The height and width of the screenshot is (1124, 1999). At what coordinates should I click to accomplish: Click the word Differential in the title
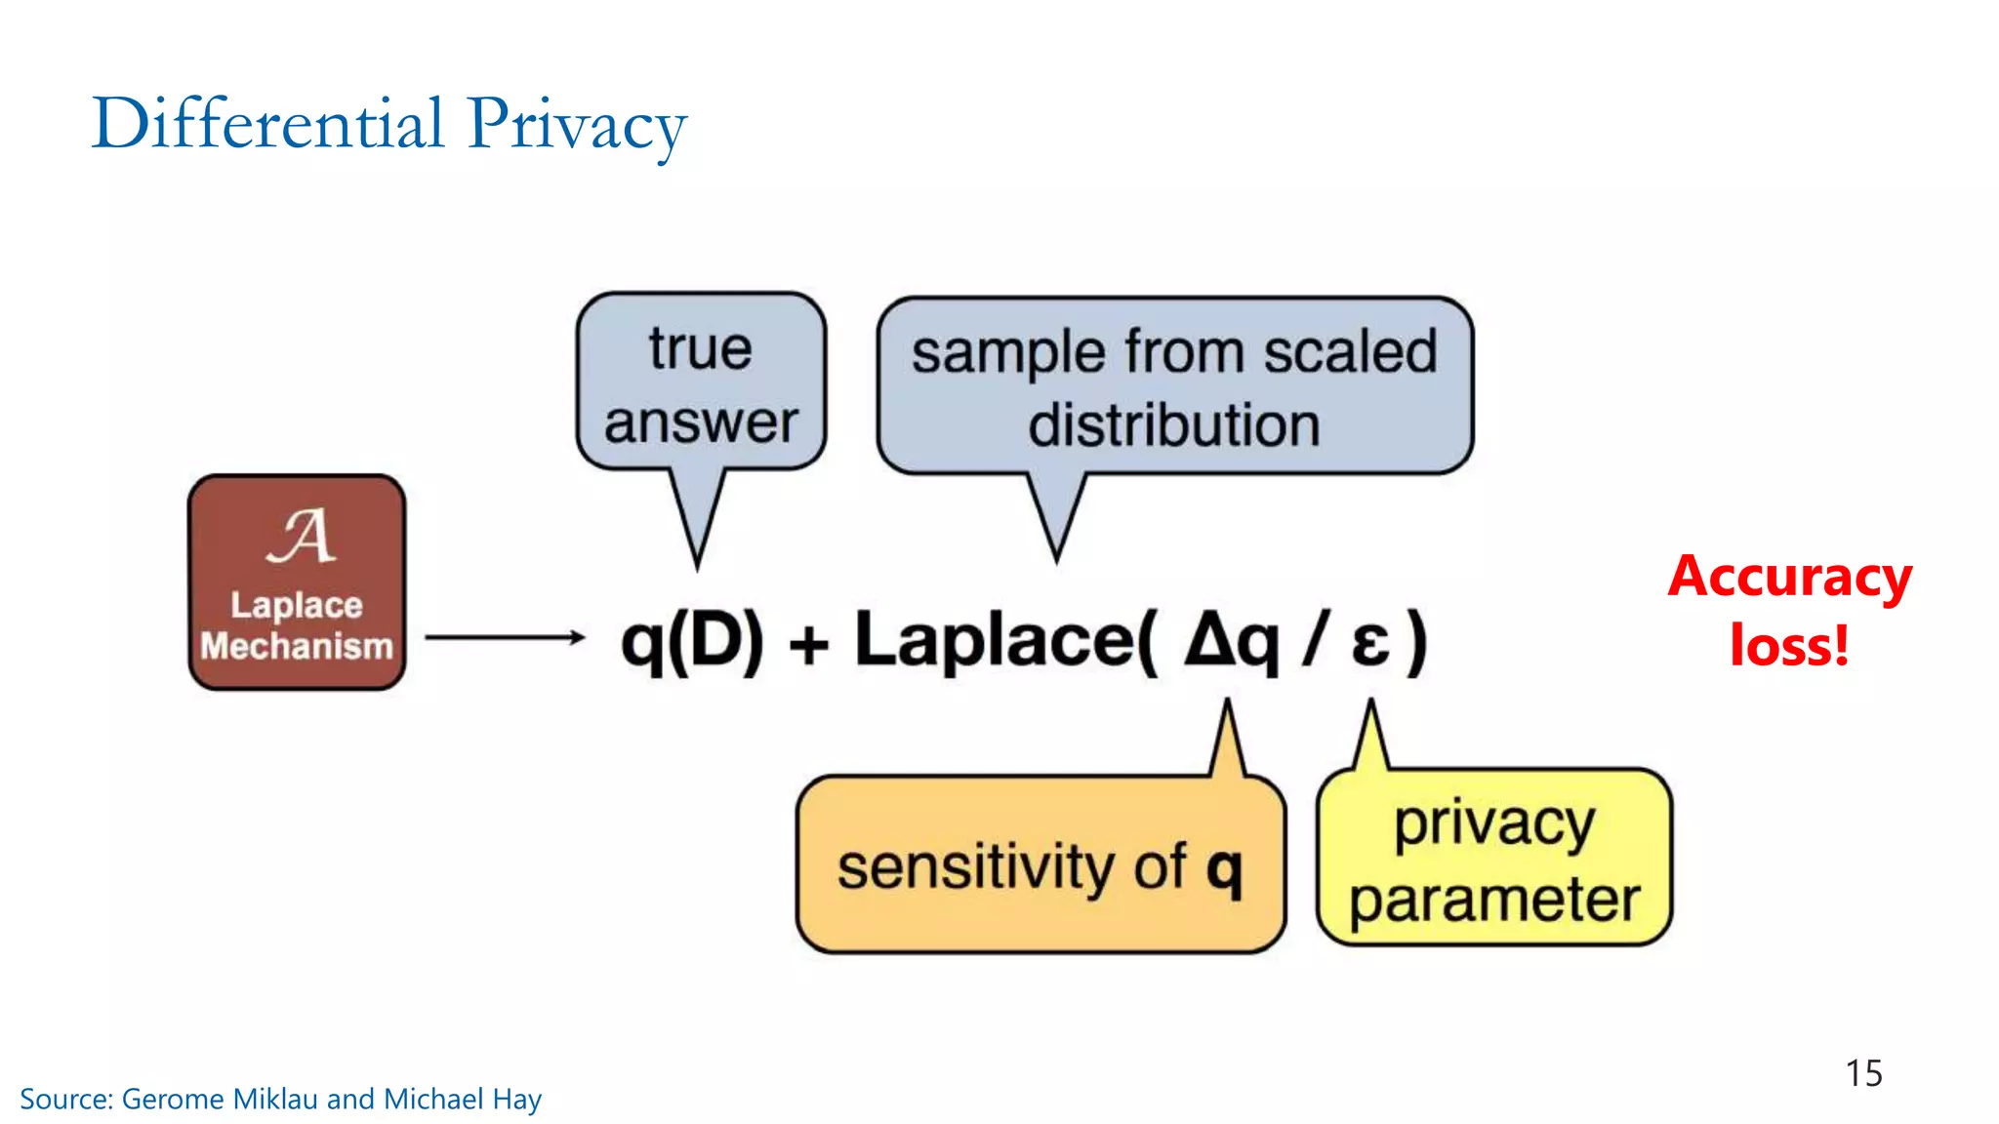(x=267, y=124)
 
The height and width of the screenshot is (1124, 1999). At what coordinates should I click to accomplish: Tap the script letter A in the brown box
(x=301, y=536)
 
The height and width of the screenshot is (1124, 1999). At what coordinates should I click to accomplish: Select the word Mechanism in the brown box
(x=297, y=646)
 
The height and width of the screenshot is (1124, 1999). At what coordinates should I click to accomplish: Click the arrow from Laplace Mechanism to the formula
(x=505, y=637)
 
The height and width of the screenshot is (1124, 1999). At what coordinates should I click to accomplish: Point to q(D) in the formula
(x=692, y=642)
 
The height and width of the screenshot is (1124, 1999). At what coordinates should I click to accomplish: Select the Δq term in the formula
(x=1231, y=642)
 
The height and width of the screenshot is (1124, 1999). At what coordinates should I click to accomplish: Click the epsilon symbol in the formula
(x=1370, y=644)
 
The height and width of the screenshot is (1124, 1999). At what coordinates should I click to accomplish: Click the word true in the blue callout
(x=700, y=349)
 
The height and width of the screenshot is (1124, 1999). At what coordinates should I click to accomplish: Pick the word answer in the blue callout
(x=700, y=422)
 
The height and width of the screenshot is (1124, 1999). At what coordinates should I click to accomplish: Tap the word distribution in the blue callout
(x=1173, y=425)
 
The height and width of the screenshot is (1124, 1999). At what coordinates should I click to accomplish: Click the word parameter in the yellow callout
(x=1493, y=899)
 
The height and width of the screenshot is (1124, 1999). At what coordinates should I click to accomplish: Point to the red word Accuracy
(x=1789, y=578)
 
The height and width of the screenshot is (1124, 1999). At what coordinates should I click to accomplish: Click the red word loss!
(x=1789, y=646)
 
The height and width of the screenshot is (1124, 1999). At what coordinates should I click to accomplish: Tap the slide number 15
(x=1862, y=1073)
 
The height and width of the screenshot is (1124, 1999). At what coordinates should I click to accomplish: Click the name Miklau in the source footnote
(x=276, y=1100)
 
